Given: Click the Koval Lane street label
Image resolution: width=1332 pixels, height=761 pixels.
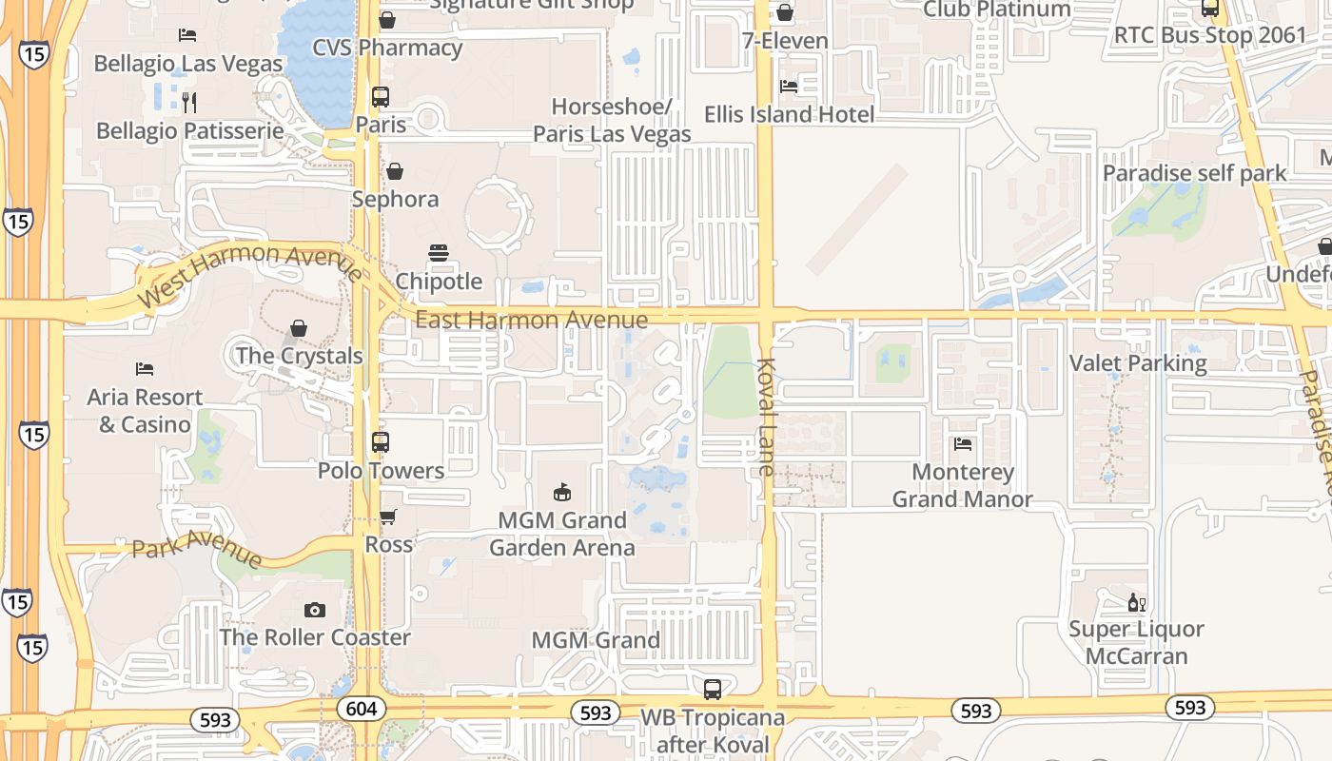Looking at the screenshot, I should click(768, 417).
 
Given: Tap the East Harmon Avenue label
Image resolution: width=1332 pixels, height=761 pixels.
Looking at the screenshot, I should click(531, 320).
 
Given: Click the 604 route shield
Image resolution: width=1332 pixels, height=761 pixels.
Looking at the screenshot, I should click(362, 709).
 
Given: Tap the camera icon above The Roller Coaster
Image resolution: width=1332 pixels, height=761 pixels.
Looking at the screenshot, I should click(315, 610).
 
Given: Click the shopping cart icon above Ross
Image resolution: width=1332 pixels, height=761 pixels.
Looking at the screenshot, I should click(388, 517).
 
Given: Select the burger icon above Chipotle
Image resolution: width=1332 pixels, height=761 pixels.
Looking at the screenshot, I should click(439, 253).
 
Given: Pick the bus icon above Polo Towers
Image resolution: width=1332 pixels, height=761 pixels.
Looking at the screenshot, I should click(381, 442).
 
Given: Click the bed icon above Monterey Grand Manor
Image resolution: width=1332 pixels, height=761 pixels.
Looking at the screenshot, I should click(963, 443).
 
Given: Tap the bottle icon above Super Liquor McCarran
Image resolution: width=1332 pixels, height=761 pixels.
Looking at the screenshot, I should click(1136, 602).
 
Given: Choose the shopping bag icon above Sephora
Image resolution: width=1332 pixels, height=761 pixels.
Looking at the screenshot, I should click(395, 171).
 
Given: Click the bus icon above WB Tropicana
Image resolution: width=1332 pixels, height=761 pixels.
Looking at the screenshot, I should click(712, 690).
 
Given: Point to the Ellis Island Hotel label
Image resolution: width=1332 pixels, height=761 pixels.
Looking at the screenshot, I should click(789, 115).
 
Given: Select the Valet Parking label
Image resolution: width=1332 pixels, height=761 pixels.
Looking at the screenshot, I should click(1138, 362).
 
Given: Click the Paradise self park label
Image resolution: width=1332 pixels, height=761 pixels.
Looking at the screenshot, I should click(1194, 173).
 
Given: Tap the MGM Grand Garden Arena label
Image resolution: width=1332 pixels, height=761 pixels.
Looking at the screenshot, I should click(562, 534).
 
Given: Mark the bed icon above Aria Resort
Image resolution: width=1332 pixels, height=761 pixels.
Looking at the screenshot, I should click(145, 369).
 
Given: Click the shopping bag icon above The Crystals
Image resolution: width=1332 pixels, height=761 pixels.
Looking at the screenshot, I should click(299, 328).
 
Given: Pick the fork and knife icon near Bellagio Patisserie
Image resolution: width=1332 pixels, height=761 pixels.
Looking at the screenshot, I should click(189, 102).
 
